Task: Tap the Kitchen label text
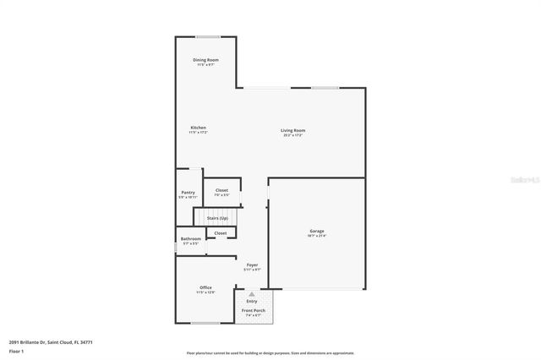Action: pos(198,128)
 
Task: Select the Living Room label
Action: pos(292,129)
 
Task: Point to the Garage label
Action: pos(317,231)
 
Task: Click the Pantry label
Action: pos(188,193)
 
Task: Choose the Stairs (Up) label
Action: pos(217,219)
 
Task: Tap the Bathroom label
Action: pos(190,239)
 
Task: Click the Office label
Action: pos(205,287)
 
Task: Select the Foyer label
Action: pos(252,265)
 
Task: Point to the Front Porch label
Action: pos(252,311)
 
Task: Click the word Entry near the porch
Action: pos(252,301)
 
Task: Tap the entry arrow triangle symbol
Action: pos(251,294)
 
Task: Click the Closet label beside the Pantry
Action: pos(221,190)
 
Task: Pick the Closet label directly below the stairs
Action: pos(220,233)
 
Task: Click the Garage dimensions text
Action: pos(317,236)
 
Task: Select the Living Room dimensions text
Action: pos(292,134)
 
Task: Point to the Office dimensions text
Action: pos(205,292)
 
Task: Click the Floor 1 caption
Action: pos(16,351)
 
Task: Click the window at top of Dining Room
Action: pos(208,36)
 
